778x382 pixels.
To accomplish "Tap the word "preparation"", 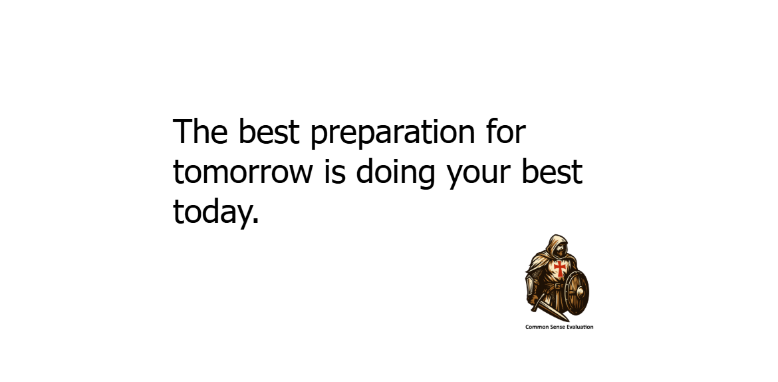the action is (392, 134).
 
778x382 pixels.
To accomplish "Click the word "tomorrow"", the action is (243, 172).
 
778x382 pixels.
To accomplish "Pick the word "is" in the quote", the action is (335, 172).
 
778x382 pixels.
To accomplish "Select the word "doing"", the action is (396, 174).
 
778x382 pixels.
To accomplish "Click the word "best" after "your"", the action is (552, 172).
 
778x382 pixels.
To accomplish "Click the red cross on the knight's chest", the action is (560, 268).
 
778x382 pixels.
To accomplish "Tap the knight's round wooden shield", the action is (576, 293).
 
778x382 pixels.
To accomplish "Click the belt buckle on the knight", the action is (558, 287).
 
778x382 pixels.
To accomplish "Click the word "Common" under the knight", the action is (537, 327).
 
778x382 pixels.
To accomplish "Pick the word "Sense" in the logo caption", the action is (556, 327).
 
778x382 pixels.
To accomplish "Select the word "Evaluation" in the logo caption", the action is (580, 327).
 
